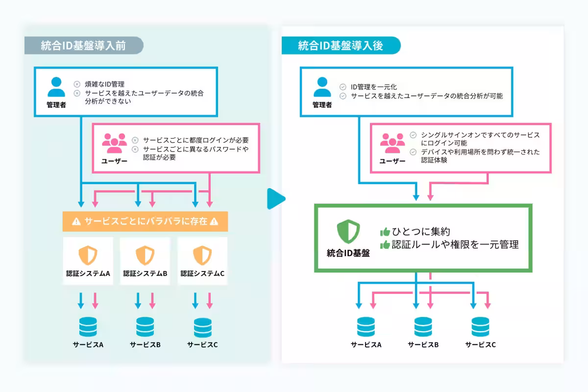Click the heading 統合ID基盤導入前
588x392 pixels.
[x=83, y=46]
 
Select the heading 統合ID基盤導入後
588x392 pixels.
[x=341, y=46]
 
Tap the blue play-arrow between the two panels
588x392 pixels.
[x=276, y=198]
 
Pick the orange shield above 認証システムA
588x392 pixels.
[x=88, y=255]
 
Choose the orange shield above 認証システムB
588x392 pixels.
[x=145, y=255]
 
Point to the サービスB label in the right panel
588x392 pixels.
[x=423, y=344]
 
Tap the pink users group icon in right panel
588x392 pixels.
[x=392, y=143]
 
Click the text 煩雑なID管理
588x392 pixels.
[x=104, y=84]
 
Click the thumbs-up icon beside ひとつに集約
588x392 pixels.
[x=385, y=232]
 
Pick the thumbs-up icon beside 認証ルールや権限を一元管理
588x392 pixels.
[x=385, y=245]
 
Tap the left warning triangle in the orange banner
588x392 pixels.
[x=76, y=221]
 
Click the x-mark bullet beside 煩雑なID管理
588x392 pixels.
[x=77, y=84]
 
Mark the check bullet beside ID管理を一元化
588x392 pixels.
[x=343, y=87]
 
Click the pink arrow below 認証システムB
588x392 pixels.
[x=152, y=300]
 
